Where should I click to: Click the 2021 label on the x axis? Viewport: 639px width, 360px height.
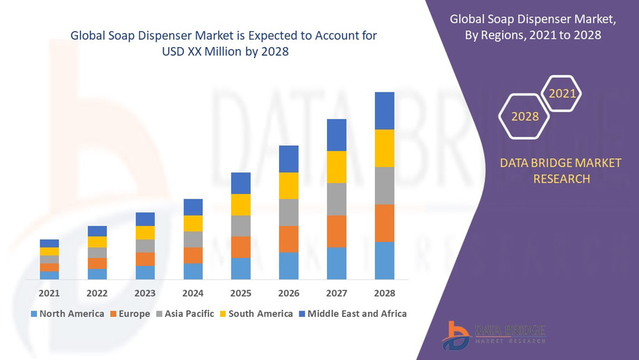(x=49, y=293)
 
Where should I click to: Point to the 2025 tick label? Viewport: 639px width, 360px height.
(x=240, y=293)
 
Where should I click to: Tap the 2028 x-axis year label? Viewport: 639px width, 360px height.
(x=384, y=293)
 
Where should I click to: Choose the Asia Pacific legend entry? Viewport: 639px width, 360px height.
(x=185, y=313)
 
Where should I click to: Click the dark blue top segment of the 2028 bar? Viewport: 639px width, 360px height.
(x=384, y=111)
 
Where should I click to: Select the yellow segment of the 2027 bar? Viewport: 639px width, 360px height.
(x=336, y=167)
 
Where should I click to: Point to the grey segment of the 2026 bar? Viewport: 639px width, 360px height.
(x=288, y=212)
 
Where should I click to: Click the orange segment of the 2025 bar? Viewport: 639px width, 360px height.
(x=240, y=247)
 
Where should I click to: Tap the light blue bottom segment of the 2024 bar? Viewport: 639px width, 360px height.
(x=192, y=271)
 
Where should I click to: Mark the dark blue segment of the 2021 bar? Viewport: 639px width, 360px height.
(x=49, y=243)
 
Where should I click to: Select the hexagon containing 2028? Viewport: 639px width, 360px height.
(x=525, y=116)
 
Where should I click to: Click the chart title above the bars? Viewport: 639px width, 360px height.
(x=224, y=43)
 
